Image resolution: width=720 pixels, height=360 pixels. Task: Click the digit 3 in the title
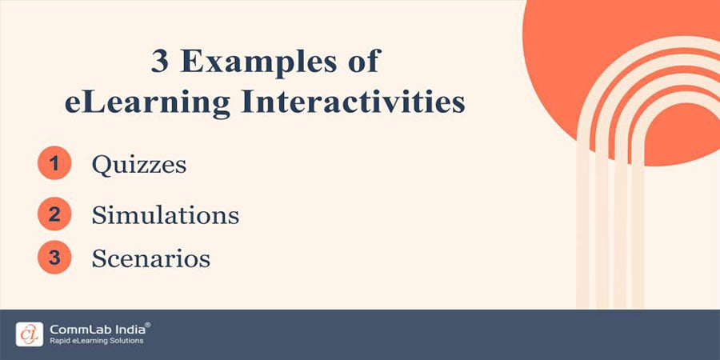161,63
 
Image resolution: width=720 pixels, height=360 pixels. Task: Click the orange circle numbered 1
54,165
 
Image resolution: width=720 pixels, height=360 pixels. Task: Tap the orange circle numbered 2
54,214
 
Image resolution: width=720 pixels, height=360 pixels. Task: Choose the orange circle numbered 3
54,258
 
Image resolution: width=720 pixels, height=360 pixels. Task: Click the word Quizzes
139,166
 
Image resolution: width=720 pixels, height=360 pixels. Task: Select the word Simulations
165,214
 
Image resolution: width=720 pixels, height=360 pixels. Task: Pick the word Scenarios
151,258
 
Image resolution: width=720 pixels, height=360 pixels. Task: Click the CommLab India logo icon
29,334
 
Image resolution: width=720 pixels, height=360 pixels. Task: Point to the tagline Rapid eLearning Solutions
95,342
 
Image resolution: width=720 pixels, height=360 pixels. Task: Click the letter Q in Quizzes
101,166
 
